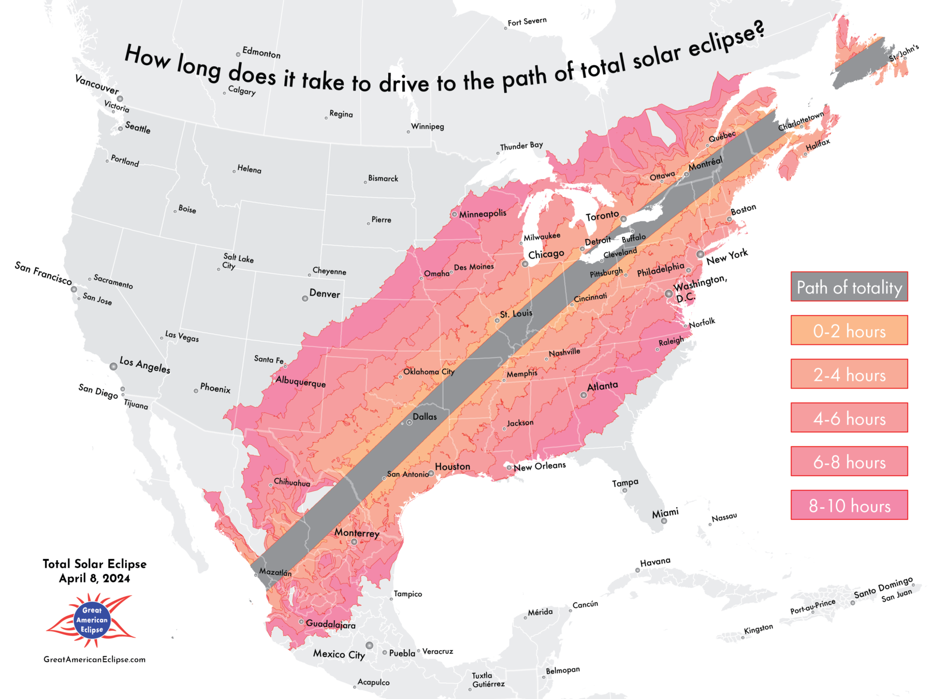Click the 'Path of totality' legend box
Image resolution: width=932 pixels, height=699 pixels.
(x=849, y=287)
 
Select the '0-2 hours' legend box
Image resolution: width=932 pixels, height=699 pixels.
(x=849, y=331)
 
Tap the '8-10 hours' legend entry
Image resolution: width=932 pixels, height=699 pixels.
(x=849, y=505)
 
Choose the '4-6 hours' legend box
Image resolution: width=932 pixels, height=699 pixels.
(x=849, y=418)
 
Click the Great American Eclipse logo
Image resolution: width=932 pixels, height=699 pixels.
(x=92, y=620)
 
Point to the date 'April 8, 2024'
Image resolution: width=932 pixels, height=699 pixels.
(x=95, y=578)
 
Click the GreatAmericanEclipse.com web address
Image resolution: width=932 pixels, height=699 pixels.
(x=95, y=659)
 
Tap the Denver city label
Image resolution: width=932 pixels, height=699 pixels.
(x=325, y=294)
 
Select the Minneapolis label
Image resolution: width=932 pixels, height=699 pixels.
(x=482, y=214)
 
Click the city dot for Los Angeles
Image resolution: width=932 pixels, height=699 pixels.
(x=113, y=366)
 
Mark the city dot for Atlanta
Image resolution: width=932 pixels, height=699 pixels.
(x=584, y=395)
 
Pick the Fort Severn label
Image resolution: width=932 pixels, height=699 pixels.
(x=527, y=21)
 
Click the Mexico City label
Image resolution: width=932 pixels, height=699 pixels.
(x=339, y=654)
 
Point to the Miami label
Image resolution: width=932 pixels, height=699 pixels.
(x=665, y=512)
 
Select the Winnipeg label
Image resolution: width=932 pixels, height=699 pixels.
(x=427, y=126)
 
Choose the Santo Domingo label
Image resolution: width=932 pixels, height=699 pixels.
(x=883, y=588)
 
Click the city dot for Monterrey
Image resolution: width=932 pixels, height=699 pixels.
(x=354, y=542)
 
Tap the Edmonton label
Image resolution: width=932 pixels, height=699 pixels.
(x=261, y=52)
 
